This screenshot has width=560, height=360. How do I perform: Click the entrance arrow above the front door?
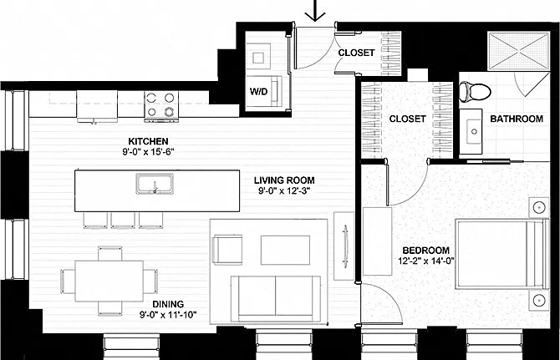click(315, 11)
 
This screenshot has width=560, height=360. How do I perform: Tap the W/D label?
click(258, 92)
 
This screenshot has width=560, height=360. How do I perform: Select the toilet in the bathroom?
click(475, 91)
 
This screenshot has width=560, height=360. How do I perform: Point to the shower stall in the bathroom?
click(518, 52)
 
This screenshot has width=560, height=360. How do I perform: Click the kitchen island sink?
click(155, 184)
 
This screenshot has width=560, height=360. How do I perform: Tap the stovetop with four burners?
click(161, 104)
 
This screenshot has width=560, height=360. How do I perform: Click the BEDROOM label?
click(425, 251)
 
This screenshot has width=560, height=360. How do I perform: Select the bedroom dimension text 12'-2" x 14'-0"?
click(426, 261)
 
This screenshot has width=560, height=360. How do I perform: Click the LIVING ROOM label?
click(284, 180)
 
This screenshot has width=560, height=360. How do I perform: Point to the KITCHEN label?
click(148, 141)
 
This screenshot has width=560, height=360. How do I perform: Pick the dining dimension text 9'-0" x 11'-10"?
click(168, 315)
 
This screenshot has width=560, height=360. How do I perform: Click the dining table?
click(109, 281)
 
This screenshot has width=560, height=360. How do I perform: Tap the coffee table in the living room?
click(285, 250)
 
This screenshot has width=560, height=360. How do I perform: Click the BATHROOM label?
click(517, 119)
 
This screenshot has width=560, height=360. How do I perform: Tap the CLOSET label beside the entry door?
click(356, 53)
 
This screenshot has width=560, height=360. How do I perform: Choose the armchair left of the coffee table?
click(227, 250)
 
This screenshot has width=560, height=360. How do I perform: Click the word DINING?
click(168, 304)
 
